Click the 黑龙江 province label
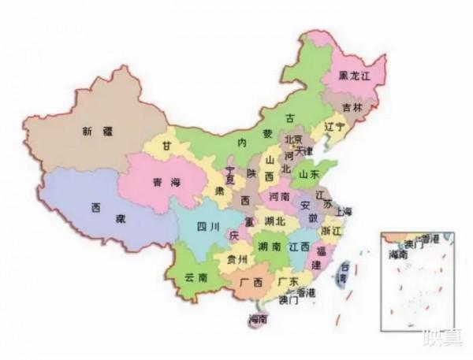354,76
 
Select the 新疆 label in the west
96,132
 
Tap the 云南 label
196,278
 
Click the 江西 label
300,247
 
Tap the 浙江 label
332,229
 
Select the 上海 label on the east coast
343,210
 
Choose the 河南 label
280,195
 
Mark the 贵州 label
236,259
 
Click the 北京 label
293,139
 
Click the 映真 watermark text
441,340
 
